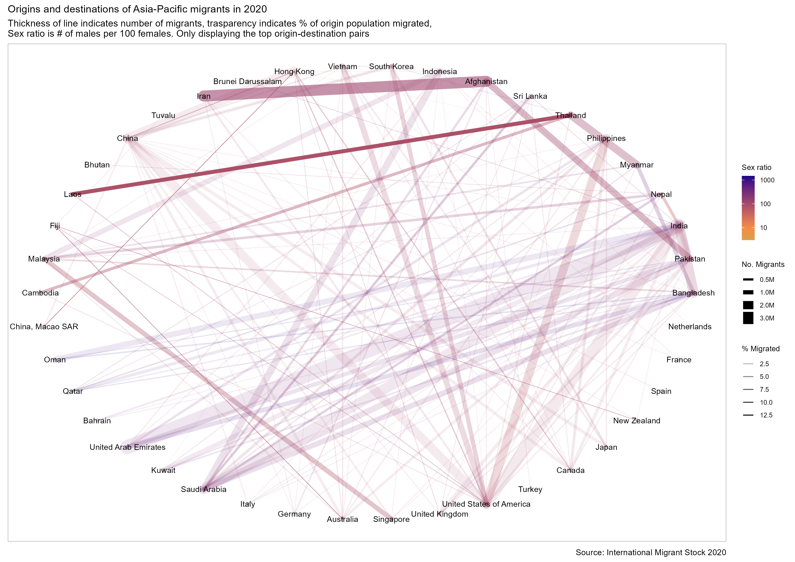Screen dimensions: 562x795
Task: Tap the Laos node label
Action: (72, 194)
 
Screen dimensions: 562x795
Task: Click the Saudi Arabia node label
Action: (204, 489)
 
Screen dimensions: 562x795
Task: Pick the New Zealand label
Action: (636, 421)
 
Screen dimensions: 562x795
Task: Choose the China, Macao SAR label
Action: (44, 327)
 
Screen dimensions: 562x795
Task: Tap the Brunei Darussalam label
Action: (247, 82)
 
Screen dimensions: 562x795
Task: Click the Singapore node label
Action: (391, 519)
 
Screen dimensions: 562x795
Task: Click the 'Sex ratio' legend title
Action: (756, 167)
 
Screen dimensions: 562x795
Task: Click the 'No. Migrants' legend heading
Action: (763, 265)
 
